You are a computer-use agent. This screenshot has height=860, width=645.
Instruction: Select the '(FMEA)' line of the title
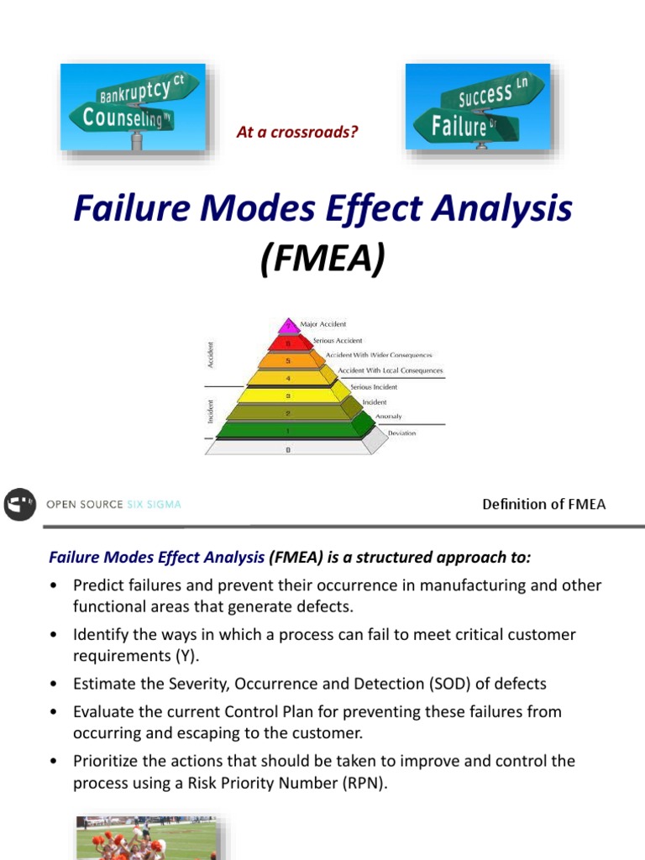(322, 259)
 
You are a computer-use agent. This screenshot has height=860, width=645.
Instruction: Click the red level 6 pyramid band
(288, 343)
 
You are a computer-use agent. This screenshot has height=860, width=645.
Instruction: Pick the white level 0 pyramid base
(288, 448)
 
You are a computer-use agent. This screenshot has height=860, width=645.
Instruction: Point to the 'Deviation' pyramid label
(401, 433)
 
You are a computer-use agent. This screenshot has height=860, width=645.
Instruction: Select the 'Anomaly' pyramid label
(388, 417)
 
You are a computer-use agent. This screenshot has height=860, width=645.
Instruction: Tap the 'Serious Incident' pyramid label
(374, 387)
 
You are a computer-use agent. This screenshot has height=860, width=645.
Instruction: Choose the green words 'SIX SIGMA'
(154, 505)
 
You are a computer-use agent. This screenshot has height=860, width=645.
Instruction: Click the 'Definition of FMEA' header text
(543, 504)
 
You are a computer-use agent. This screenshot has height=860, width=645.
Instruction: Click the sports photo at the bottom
(146, 836)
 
